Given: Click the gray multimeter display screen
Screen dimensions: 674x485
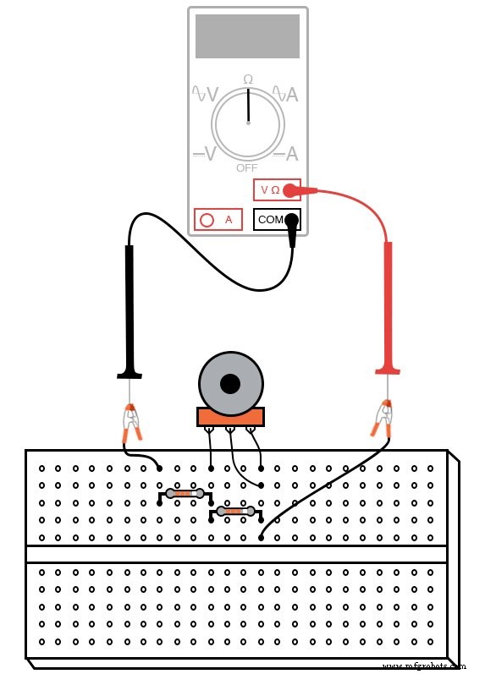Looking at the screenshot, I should click(247, 36).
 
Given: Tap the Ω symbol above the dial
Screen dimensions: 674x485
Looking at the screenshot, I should click(248, 79).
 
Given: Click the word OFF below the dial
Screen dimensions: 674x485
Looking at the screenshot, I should click(247, 167).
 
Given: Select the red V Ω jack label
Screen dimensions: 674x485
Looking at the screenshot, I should click(270, 189).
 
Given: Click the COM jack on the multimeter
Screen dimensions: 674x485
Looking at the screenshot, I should click(270, 220).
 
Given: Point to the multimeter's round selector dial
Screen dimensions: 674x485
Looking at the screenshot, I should click(248, 123).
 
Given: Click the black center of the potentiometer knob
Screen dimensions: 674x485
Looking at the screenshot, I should click(229, 384).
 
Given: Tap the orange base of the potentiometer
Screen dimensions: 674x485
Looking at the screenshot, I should click(230, 416).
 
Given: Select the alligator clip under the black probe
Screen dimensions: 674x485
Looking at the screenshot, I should click(131, 423).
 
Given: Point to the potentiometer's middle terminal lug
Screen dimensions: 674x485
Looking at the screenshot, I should click(229, 432).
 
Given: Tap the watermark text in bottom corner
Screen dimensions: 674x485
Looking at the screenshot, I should click(430, 665).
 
